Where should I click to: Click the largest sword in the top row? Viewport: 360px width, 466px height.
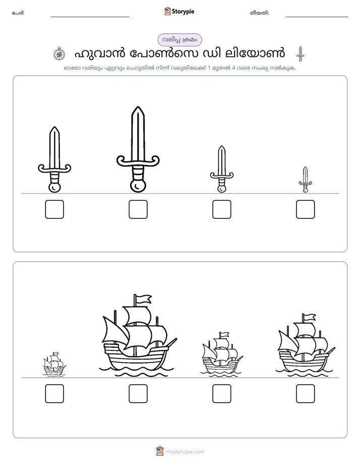pos(138,149)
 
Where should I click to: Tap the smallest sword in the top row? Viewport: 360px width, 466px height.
pos(305,180)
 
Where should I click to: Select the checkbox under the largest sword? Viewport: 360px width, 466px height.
pos(138,209)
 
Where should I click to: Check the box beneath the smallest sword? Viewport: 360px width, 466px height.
pos(306,209)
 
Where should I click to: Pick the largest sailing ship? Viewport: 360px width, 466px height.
pos(138,335)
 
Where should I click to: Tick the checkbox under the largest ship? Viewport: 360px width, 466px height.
pos(138,393)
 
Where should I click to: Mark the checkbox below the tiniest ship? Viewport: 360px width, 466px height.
pos(54,393)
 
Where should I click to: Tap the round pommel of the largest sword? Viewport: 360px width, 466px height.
pos(138,186)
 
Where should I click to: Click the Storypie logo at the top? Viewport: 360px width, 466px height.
pos(179,12)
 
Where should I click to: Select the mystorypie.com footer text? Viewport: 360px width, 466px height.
pos(185,452)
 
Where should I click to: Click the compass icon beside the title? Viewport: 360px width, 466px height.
pos(59,54)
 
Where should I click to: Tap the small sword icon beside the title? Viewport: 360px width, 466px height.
pos(301,54)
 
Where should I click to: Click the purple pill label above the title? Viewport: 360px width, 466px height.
pos(179,40)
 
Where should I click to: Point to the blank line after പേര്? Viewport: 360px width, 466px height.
pos(90,17)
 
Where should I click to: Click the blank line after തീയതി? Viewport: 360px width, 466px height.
pos(317,17)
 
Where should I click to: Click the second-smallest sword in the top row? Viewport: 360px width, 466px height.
pos(221,169)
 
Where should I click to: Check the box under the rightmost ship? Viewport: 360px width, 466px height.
pos(306,393)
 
